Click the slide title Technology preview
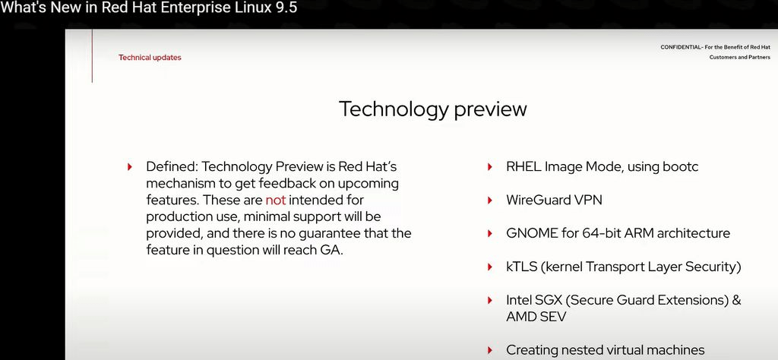click(432, 109)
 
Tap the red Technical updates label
click(150, 58)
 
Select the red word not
click(276, 201)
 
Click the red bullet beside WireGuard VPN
click(490, 201)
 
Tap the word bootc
click(680, 166)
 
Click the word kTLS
click(522, 267)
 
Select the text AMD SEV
click(536, 317)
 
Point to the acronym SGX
click(548, 300)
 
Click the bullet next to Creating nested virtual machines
click(490, 350)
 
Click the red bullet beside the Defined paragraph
click(130, 167)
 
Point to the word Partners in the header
click(760, 58)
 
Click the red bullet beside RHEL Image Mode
click(490, 167)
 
